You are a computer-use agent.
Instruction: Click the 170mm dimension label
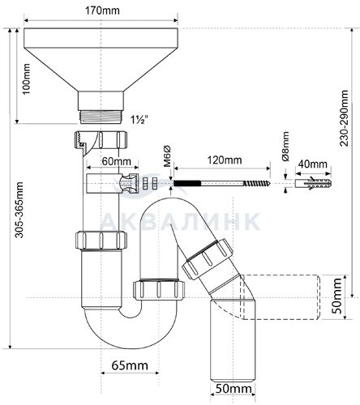[102, 11]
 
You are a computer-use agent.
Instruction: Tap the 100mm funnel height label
[27, 79]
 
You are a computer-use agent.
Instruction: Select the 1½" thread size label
[139, 120]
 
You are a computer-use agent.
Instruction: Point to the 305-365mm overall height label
[19, 210]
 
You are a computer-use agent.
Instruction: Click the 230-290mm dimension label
[344, 118]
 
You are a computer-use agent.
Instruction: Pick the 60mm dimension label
[117, 161]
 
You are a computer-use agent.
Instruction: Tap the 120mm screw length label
[225, 160]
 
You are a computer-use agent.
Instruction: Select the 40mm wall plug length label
[313, 164]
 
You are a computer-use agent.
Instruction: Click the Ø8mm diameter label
[285, 146]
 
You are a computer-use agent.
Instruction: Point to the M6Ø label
[168, 156]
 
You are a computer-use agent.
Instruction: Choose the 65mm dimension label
[130, 365]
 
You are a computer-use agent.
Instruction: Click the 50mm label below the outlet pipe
[234, 389]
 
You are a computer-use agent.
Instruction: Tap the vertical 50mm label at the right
[337, 296]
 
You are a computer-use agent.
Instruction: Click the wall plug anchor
[313, 183]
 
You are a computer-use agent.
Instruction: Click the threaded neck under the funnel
[101, 117]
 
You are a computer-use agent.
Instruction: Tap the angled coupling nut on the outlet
[208, 258]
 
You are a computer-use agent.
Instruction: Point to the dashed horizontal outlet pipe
[281, 297]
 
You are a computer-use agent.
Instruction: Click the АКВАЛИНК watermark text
[181, 221]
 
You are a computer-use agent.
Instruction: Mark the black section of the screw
[187, 183]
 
